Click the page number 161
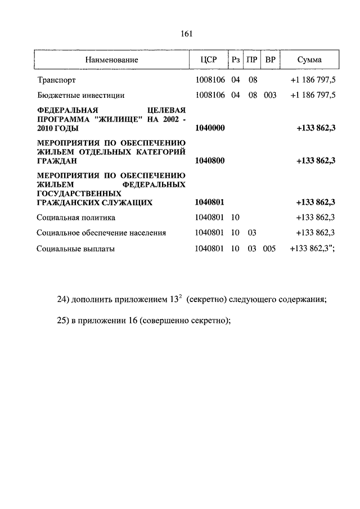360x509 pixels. pos(187,33)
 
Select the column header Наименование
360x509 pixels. pos(112,59)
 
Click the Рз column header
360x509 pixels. pos(236,59)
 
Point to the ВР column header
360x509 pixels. pos(270,59)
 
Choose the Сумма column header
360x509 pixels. pos(310,59)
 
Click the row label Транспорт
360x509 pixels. pos(56,80)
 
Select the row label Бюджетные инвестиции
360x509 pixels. pos(80,96)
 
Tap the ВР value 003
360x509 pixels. pos(270,96)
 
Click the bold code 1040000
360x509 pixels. pos(209,129)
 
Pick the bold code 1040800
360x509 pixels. pos(209,161)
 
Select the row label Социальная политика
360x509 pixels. pos(76,217)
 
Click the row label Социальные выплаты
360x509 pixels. pos(75,248)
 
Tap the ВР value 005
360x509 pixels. pos(269,248)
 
